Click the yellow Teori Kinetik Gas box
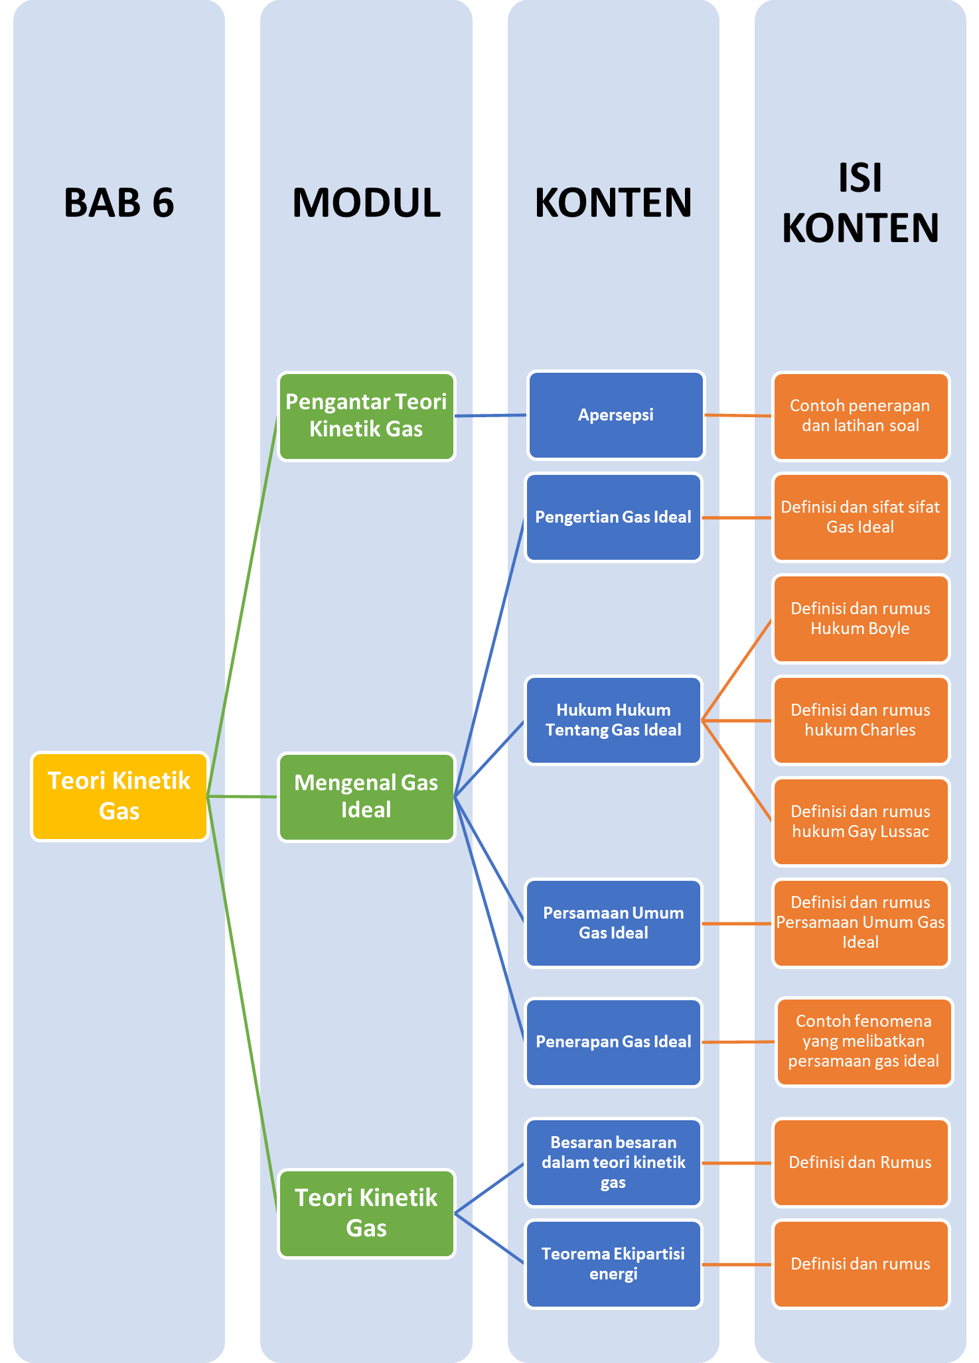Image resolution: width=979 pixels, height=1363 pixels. [119, 796]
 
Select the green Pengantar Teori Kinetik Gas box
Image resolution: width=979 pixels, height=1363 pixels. [366, 416]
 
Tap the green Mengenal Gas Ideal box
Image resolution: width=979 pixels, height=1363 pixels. [366, 797]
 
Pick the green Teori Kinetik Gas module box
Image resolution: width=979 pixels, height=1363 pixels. [366, 1213]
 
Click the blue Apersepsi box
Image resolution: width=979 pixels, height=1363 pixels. [616, 415]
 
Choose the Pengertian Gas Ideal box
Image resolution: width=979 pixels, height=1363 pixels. [613, 517]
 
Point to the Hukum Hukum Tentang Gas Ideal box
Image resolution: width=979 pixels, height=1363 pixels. [613, 720]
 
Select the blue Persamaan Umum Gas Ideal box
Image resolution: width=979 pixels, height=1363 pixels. [613, 923]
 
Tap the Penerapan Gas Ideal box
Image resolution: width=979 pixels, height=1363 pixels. [613, 1042]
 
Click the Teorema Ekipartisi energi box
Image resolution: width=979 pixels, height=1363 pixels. [613, 1264]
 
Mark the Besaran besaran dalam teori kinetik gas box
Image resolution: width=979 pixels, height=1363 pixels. [613, 1163]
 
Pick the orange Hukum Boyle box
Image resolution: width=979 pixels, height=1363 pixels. [861, 619]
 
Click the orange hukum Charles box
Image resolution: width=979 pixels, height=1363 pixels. [861, 720]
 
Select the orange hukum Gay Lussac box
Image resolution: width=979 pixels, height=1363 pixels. [861, 822]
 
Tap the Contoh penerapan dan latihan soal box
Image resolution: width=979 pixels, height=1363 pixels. [861, 416]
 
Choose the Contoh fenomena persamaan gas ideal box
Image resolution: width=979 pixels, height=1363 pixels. [864, 1041]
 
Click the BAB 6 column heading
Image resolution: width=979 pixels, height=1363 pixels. [119, 203]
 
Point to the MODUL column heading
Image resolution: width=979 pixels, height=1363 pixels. [366, 203]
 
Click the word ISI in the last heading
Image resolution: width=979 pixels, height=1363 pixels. [860, 178]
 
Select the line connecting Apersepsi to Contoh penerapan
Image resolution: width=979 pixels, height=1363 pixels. [738, 415]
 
